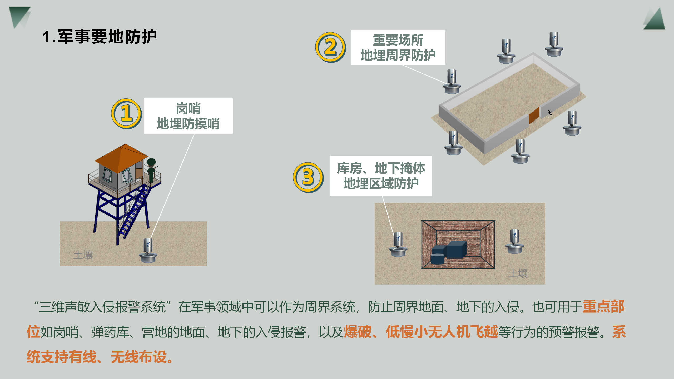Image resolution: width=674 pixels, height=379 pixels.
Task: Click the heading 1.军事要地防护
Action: point(100,37)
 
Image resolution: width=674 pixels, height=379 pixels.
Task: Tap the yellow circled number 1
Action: point(126,114)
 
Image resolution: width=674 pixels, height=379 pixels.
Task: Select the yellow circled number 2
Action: point(330,47)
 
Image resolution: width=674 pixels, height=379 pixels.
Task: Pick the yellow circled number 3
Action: point(308,177)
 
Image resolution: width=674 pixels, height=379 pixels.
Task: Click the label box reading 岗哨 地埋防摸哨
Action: point(188,116)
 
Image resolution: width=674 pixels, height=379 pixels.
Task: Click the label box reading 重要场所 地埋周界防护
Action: point(398,48)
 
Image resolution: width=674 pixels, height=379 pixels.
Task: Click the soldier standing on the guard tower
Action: point(151,170)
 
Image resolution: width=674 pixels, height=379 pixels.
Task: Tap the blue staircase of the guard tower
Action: point(134,211)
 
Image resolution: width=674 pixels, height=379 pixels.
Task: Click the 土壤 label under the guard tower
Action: point(83,255)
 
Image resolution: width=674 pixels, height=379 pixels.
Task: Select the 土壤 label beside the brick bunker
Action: point(518,273)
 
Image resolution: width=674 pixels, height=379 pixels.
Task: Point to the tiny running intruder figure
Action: point(549,113)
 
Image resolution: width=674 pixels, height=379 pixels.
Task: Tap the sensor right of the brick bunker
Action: point(514,241)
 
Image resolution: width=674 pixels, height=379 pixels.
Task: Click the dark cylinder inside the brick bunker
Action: point(438,258)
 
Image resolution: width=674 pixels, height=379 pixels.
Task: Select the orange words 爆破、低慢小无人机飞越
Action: point(421,332)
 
